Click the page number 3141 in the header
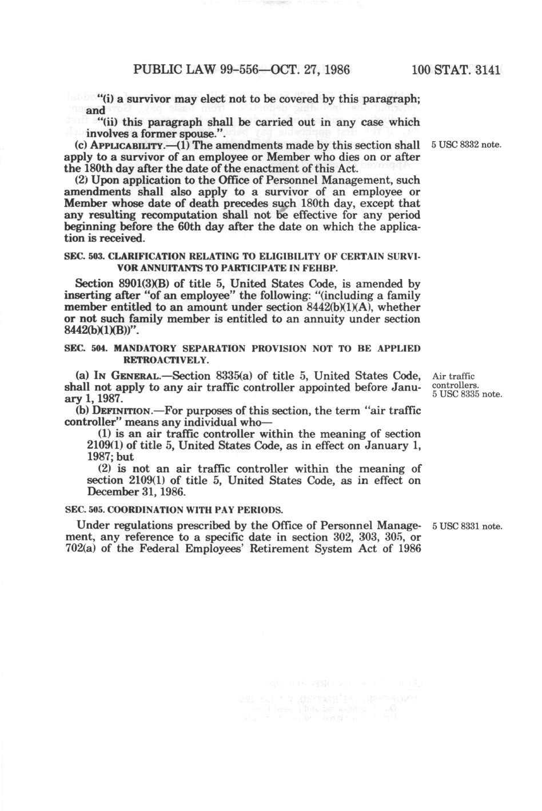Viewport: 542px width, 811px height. (484, 71)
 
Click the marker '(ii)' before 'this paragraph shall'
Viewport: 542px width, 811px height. (109, 122)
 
